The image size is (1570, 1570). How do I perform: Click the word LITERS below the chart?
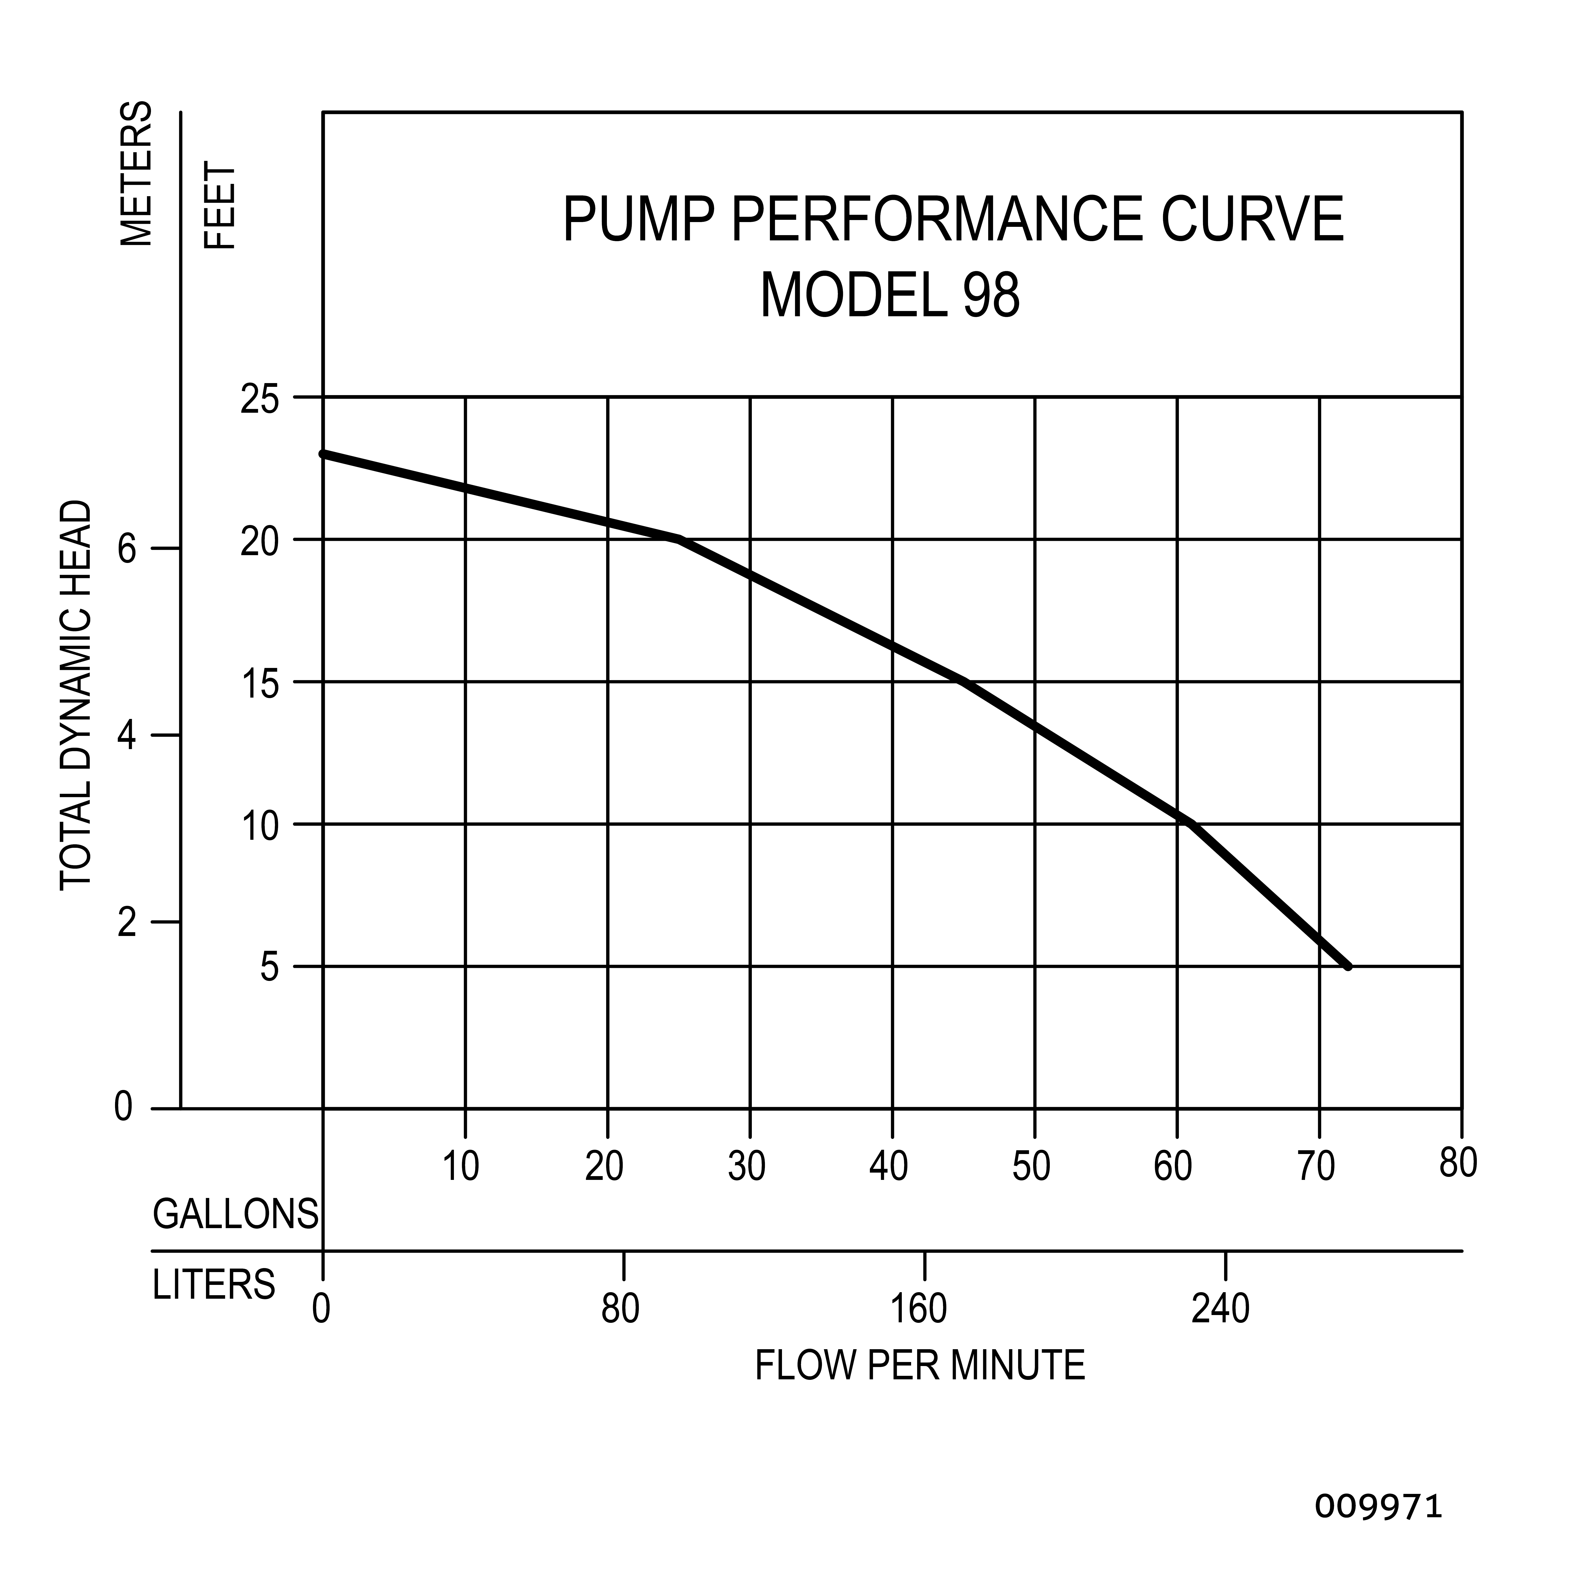(x=214, y=1285)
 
